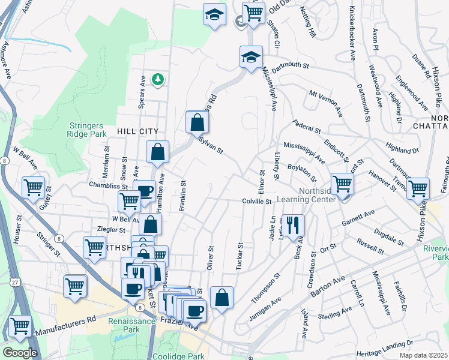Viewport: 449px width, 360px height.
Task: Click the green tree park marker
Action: pos(158,79)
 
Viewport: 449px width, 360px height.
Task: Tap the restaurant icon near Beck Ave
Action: pos(293,226)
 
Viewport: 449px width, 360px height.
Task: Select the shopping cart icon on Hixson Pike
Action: pos(418,188)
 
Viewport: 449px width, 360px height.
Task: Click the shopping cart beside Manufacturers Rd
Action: pos(20,326)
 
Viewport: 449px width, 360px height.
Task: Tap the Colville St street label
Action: pos(258,202)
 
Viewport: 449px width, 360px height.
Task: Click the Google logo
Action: pos(20,353)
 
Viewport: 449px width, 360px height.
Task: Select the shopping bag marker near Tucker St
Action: pos(221,298)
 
